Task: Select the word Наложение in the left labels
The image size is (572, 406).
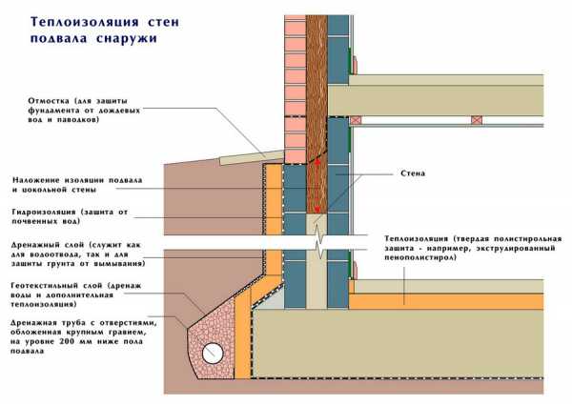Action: click(x=36, y=179)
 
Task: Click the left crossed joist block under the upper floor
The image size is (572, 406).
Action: click(x=357, y=121)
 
